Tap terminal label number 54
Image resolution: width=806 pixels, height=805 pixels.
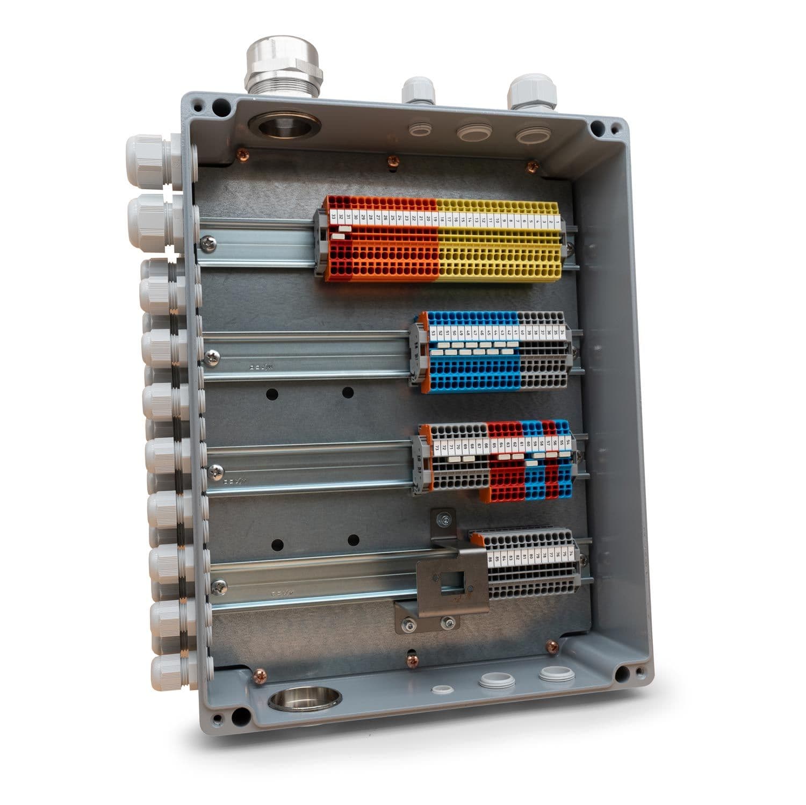point(568,443)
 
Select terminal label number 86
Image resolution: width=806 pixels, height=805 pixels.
point(490,559)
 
